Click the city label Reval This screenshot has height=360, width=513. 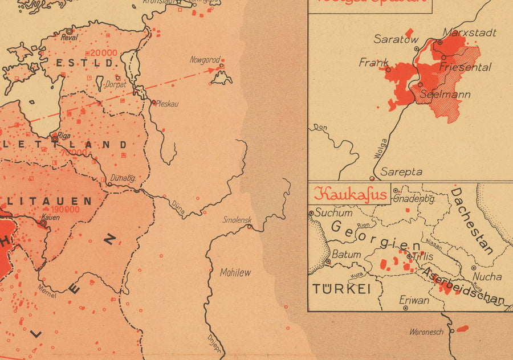pos(70,38)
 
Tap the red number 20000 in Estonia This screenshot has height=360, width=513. pos(104,53)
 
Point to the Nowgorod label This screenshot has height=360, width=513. pos(205,59)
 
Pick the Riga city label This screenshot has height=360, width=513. pos(64,136)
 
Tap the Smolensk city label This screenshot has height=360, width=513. pos(237,220)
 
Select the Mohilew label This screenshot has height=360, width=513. pos(235,273)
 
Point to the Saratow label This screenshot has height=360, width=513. pos(396,39)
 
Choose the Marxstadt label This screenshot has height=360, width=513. pos(470,32)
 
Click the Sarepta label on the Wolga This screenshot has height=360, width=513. pos(401,171)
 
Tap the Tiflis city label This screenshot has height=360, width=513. pos(422,257)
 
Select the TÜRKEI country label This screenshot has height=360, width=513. pos(341,289)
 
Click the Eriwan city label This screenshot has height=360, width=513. pos(414,300)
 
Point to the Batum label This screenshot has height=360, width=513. pos(347,255)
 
